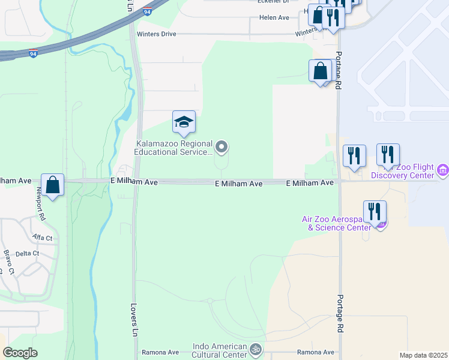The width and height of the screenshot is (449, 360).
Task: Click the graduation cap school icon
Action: tap(184, 122)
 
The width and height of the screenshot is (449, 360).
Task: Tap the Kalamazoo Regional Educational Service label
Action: tap(174, 148)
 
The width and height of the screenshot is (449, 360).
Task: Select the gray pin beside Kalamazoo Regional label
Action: tap(222, 146)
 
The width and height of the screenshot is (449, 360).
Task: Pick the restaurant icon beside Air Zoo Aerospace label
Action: tap(374, 212)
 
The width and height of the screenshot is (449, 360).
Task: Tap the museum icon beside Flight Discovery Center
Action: tap(443, 170)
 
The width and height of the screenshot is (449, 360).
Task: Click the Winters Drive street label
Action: tap(157, 34)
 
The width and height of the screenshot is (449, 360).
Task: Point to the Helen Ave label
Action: tap(274, 18)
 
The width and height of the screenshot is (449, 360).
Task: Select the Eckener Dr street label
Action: tap(274, 2)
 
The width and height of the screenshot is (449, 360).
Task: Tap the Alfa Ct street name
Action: tap(43, 238)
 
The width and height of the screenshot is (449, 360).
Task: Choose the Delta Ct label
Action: tap(27, 254)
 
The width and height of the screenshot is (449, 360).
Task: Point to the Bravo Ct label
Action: tap(8, 262)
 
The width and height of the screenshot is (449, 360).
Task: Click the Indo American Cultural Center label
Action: tap(220, 351)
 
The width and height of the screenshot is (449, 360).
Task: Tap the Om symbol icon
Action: tap(256, 349)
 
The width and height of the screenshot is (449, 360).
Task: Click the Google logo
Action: tap(20, 353)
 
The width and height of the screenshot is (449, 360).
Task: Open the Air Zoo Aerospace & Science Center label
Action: tap(340, 223)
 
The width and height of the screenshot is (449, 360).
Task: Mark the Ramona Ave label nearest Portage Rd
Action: tap(316, 352)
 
